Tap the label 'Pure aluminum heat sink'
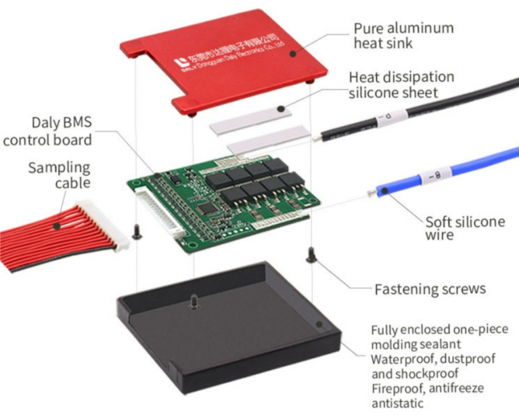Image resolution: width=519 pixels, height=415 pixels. (403, 36)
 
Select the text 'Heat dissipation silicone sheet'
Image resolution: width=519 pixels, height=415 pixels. (401, 85)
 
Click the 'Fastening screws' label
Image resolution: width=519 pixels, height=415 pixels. (430, 289)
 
